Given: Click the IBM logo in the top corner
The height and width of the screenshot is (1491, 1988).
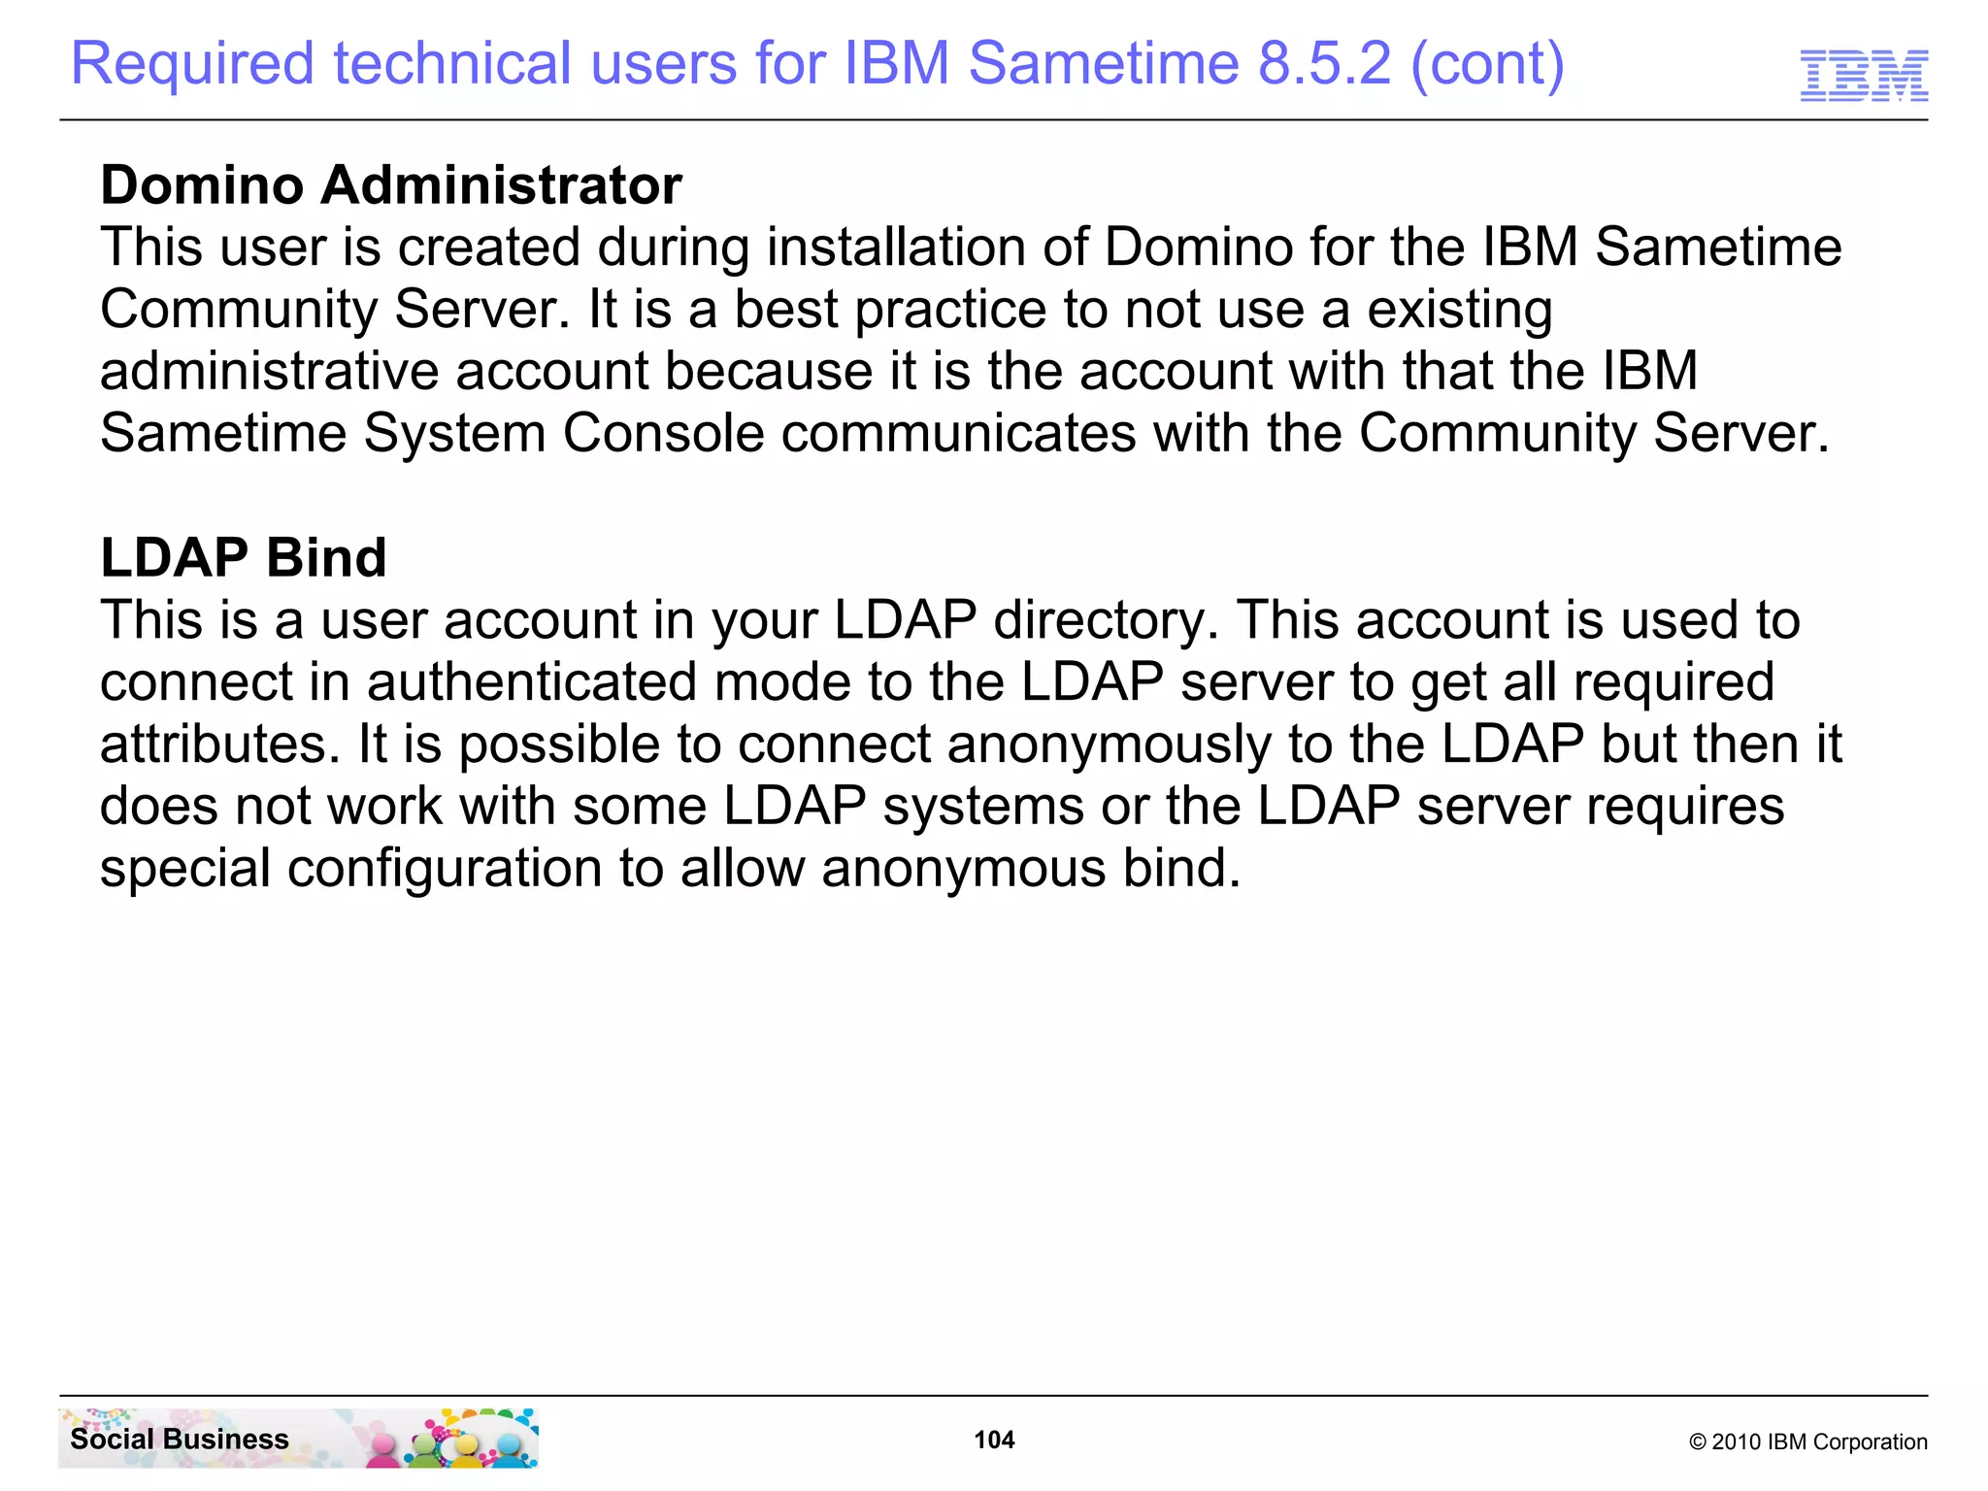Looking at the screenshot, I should pyautogui.click(x=1864, y=75).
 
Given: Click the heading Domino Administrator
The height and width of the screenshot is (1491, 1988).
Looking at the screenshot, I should pyautogui.click(x=391, y=184).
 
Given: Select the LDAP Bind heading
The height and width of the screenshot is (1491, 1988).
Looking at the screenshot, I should pyautogui.click(x=244, y=557).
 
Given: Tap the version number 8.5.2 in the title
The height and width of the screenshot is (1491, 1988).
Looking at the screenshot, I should pyautogui.click(x=1324, y=64).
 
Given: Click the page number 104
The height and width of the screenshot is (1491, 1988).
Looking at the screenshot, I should pyautogui.click(x=994, y=1440).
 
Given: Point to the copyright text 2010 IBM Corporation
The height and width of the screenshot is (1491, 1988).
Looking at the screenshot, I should pyautogui.click(x=1808, y=1441).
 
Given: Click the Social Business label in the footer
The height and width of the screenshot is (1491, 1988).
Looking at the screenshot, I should pyautogui.click(x=180, y=1439).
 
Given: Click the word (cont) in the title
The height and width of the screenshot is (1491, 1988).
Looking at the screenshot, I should pyautogui.click(x=1487, y=64).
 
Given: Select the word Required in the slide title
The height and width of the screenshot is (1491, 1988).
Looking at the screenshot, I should pyautogui.click(x=192, y=64).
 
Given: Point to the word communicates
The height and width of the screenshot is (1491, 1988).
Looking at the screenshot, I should pyautogui.click(x=958, y=433).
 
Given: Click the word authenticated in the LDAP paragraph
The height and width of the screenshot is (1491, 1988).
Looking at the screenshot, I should pyautogui.click(x=532, y=681).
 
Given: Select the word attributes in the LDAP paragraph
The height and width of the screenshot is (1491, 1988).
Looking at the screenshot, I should pyautogui.click(x=219, y=744).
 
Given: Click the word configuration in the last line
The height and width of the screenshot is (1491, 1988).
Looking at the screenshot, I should pyautogui.click(x=444, y=868).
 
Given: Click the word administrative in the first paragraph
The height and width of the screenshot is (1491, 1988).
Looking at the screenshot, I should pyautogui.click(x=269, y=371).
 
